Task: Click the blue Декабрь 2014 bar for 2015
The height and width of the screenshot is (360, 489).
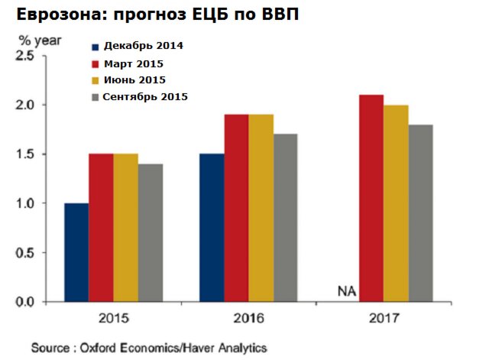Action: pyautogui.click(x=76, y=252)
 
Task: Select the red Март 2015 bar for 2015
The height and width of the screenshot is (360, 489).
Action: pyautogui.click(x=101, y=228)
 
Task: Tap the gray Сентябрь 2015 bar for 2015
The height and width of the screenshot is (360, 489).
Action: pyautogui.click(x=150, y=232)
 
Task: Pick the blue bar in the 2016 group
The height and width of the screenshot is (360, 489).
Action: pyautogui.click(x=212, y=228)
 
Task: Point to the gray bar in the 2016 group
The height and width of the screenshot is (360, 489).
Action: pyautogui.click(x=285, y=218)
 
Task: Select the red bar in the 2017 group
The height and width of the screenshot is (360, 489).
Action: pyautogui.click(x=371, y=198)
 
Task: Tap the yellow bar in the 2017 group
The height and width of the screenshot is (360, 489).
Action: pyautogui.click(x=396, y=203)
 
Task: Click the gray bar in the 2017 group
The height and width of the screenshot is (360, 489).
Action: pyautogui.click(x=420, y=213)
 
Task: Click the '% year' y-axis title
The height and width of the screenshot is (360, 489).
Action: pyautogui.click(x=35, y=39)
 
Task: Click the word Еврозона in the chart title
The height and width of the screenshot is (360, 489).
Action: pyautogui.click(x=50, y=15)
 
